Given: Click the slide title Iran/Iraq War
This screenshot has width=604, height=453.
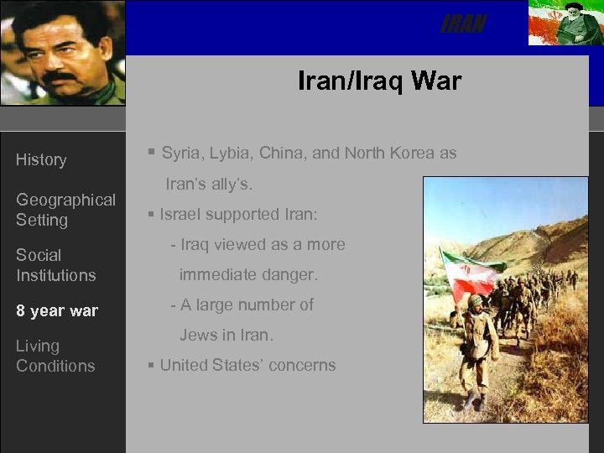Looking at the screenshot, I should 379,81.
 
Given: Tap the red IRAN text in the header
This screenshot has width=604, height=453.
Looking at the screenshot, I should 463,25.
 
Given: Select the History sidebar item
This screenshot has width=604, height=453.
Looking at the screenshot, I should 41,159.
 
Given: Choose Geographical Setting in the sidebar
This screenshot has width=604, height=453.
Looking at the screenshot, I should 65,210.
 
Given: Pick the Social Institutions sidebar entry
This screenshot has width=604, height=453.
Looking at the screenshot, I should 55,265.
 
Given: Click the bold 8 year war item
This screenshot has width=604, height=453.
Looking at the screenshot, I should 57,311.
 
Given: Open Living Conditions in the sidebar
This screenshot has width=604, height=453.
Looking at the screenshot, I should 55,356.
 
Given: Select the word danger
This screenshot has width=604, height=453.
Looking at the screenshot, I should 293,274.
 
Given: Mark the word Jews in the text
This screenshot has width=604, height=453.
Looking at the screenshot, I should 199,335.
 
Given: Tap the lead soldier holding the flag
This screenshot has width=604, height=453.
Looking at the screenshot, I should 478,352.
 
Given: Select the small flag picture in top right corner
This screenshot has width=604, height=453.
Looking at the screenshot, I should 563,23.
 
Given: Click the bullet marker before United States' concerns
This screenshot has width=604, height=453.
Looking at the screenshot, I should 150,365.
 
